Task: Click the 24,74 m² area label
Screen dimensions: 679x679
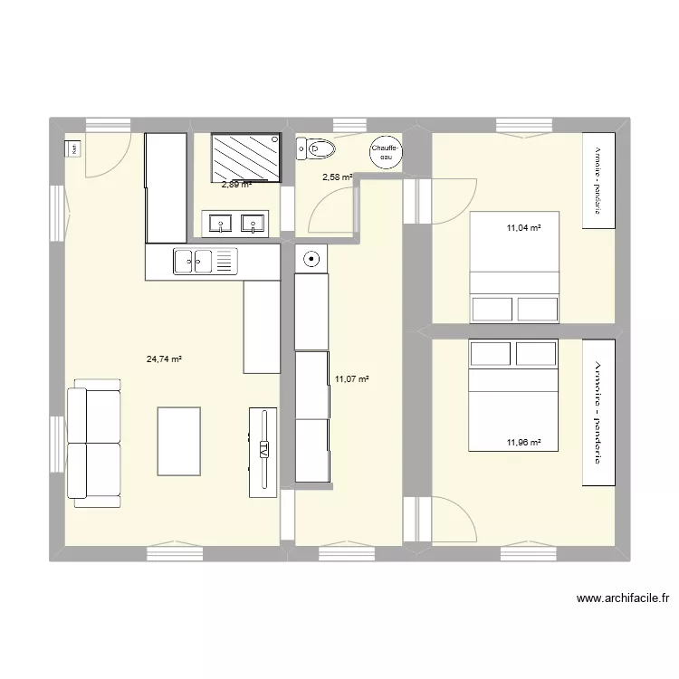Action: (x=164, y=359)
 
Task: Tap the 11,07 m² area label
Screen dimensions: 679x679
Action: (x=352, y=379)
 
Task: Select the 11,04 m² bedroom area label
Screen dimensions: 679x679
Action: (x=523, y=229)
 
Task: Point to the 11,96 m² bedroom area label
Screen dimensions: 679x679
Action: (x=523, y=443)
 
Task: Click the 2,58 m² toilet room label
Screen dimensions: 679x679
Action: (x=338, y=177)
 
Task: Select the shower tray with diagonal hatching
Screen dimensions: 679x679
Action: (x=245, y=158)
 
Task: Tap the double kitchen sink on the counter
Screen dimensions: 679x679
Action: (x=206, y=262)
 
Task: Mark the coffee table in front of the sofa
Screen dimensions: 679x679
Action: (x=178, y=441)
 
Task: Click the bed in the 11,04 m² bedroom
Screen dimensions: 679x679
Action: (x=514, y=267)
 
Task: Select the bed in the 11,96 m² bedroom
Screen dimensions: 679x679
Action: (x=514, y=395)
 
